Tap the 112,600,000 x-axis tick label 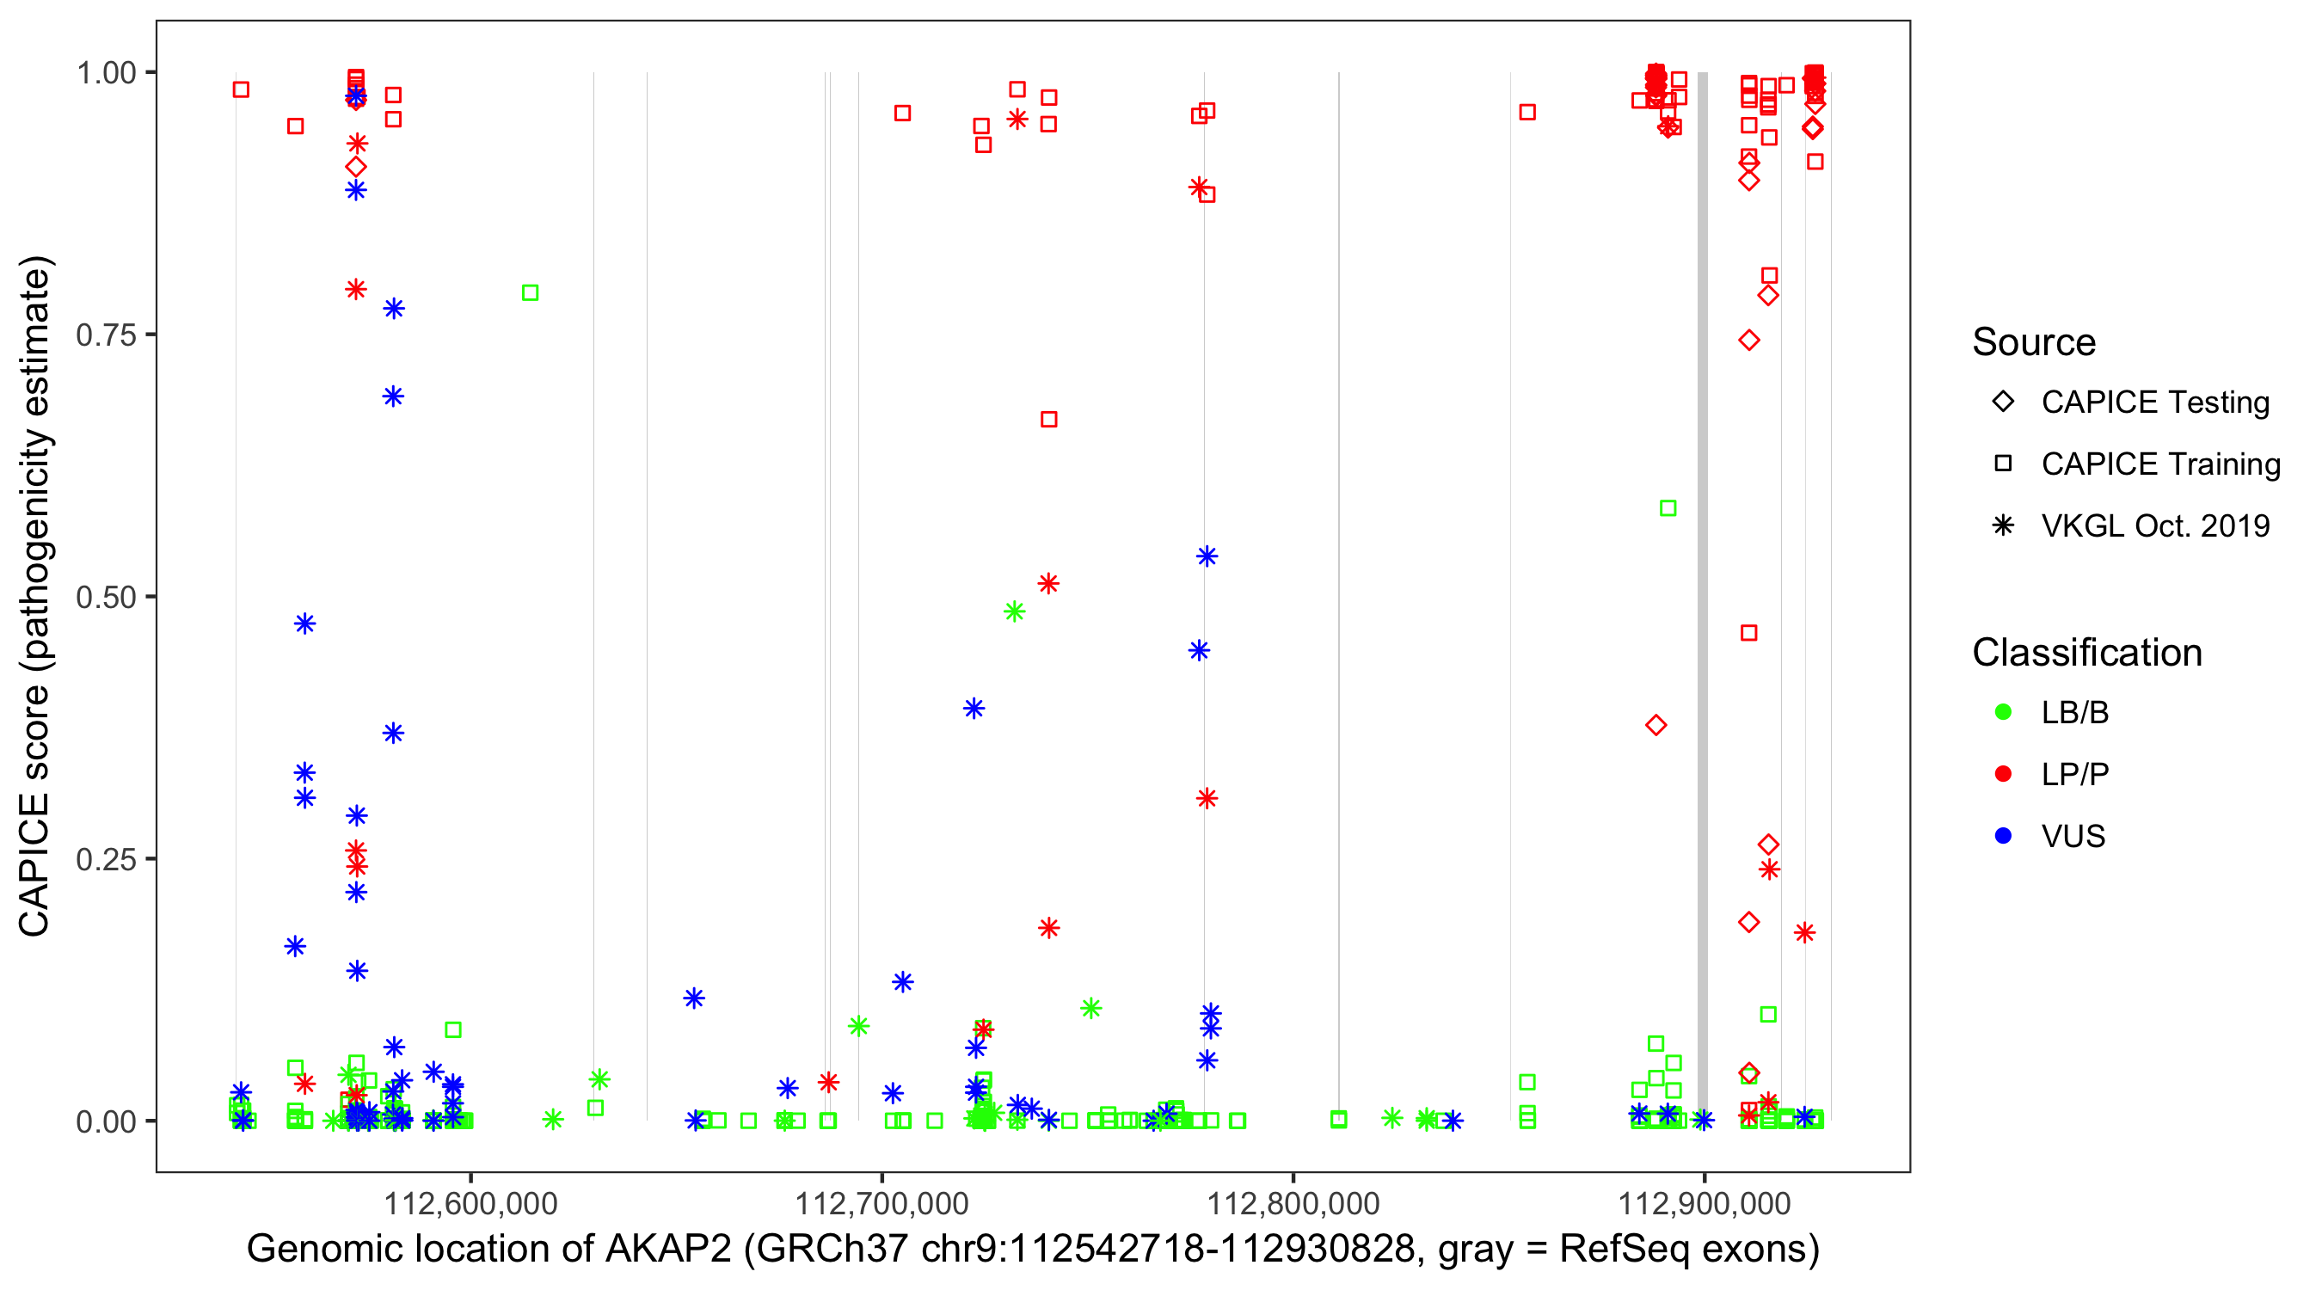[x=470, y=1202]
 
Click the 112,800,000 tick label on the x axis [x=1293, y=1202]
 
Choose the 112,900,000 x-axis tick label [x=1704, y=1202]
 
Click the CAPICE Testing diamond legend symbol [x=2003, y=402]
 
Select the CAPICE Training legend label [x=2159, y=464]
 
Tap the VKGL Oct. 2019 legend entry [x=2154, y=526]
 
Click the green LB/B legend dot [x=2003, y=713]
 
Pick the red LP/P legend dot [x=2003, y=774]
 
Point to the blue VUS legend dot [x=2003, y=837]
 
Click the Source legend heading [x=2034, y=342]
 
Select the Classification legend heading [x=2085, y=653]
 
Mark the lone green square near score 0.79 [x=530, y=293]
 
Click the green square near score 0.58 [x=1668, y=508]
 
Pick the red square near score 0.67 [x=1048, y=419]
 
